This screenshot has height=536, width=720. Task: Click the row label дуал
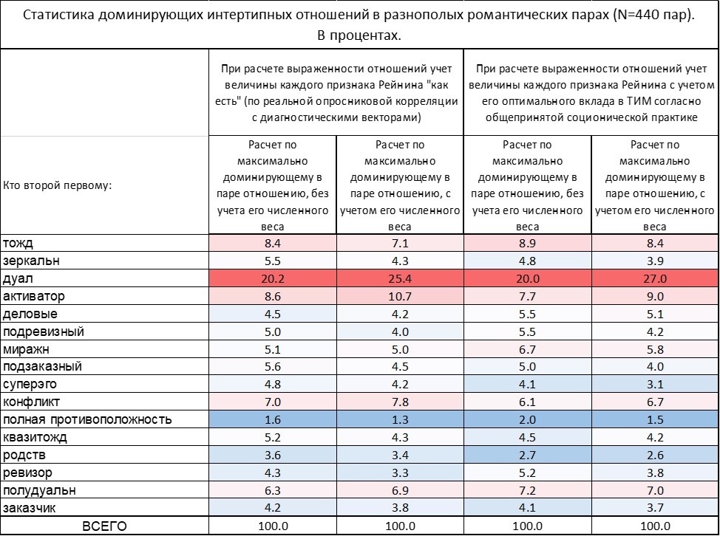(x=18, y=278)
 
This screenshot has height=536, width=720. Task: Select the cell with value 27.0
(x=655, y=278)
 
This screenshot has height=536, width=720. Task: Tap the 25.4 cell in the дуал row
(x=400, y=278)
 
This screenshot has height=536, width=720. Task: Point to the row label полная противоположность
(x=87, y=420)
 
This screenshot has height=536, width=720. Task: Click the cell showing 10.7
(x=400, y=296)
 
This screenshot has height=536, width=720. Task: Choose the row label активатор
(x=33, y=296)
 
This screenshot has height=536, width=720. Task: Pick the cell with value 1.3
(x=400, y=420)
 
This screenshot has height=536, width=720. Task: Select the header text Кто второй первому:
(x=57, y=185)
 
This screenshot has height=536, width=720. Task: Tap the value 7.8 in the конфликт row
(x=400, y=402)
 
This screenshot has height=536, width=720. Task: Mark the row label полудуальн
(x=39, y=490)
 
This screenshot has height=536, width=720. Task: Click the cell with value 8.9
(x=527, y=243)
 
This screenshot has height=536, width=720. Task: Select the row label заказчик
(x=29, y=508)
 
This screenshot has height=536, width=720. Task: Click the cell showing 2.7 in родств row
(x=527, y=455)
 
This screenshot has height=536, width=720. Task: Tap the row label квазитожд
(x=35, y=438)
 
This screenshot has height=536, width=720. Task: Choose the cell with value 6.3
(x=272, y=490)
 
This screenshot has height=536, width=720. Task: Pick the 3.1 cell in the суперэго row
(x=655, y=385)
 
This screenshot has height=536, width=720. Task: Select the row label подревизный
(x=43, y=331)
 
